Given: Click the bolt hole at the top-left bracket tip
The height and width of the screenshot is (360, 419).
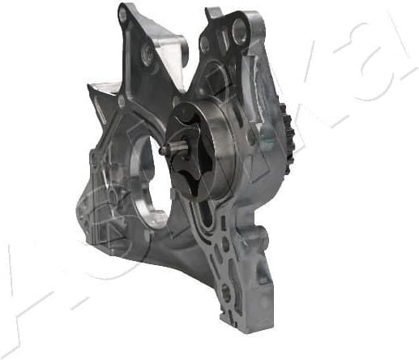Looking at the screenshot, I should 123,15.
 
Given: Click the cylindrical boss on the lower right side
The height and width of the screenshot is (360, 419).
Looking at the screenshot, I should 265,255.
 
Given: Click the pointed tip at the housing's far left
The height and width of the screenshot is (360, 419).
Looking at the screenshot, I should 88,84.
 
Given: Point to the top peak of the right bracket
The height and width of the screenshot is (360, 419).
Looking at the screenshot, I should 213,11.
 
